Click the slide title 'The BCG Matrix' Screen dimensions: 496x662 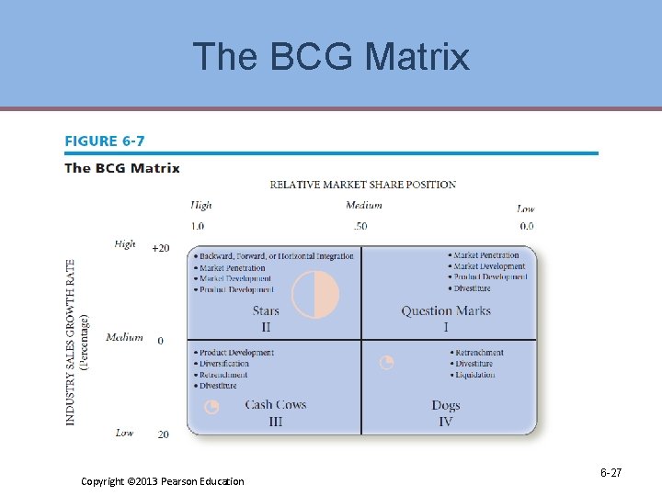331,57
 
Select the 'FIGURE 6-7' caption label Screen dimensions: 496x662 104,141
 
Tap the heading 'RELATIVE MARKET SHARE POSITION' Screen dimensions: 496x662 362,185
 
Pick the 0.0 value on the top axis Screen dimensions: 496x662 526,226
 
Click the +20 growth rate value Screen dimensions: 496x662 160,248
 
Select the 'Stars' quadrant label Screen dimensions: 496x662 266,311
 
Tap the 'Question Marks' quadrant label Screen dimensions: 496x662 446,311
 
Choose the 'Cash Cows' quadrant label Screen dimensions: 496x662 276,405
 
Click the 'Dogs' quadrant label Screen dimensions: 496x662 446,405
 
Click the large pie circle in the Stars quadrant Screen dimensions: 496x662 315,295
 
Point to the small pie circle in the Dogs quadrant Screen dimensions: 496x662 387,363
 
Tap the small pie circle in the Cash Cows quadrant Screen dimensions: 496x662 211,407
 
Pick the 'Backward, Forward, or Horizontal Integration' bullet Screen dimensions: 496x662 276,256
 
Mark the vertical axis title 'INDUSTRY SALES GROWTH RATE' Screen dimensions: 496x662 71,342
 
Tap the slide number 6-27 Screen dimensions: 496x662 611,473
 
